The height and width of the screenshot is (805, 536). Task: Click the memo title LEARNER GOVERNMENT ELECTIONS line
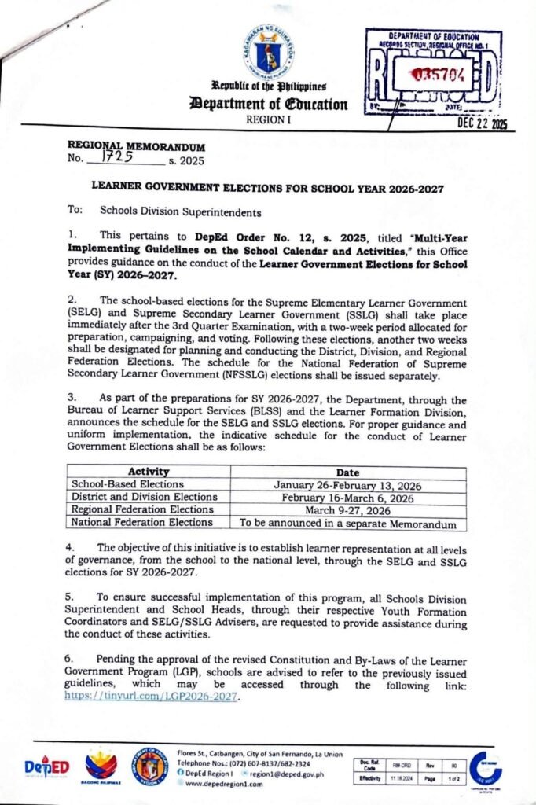click(x=267, y=189)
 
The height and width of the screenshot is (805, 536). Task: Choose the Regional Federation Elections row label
click(x=142, y=509)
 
